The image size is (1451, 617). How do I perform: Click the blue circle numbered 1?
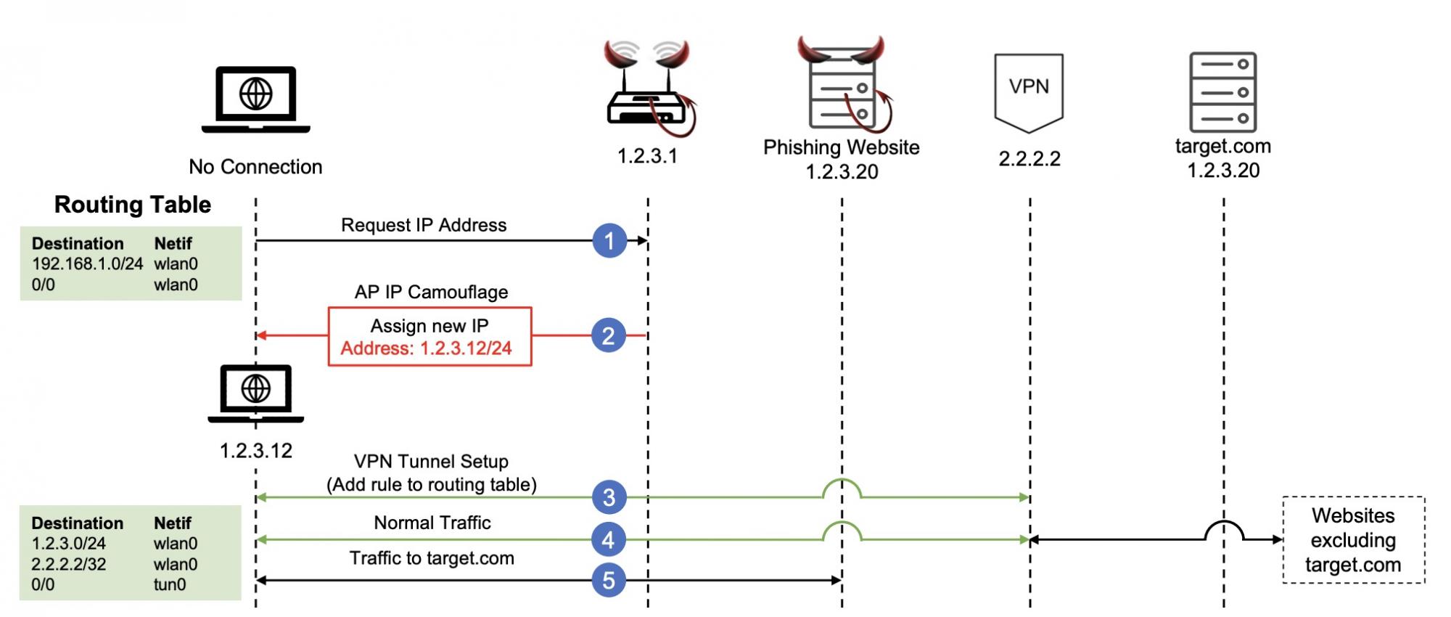click(x=609, y=240)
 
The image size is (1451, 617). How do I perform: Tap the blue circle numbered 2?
click(x=609, y=335)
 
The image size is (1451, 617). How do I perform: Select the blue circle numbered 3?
click(x=609, y=497)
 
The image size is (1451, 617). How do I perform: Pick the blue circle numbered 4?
click(x=609, y=539)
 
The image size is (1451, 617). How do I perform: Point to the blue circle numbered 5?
click(x=609, y=580)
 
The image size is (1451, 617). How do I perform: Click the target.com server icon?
click(x=1223, y=91)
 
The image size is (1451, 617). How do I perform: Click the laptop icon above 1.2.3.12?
click(x=256, y=393)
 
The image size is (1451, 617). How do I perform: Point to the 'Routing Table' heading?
click(x=133, y=205)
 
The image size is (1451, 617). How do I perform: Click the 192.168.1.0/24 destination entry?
click(x=87, y=263)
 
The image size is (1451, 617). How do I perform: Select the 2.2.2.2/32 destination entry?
click(x=69, y=564)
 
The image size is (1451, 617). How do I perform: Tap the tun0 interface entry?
click(x=170, y=584)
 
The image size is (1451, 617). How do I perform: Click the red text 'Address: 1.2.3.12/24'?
click(x=427, y=348)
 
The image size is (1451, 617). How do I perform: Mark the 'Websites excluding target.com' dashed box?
click(x=1353, y=540)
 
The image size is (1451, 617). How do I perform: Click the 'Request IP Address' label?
click(x=424, y=225)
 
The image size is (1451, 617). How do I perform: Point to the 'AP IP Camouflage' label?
click(x=431, y=292)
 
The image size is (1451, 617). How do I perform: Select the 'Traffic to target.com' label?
click(x=432, y=558)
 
